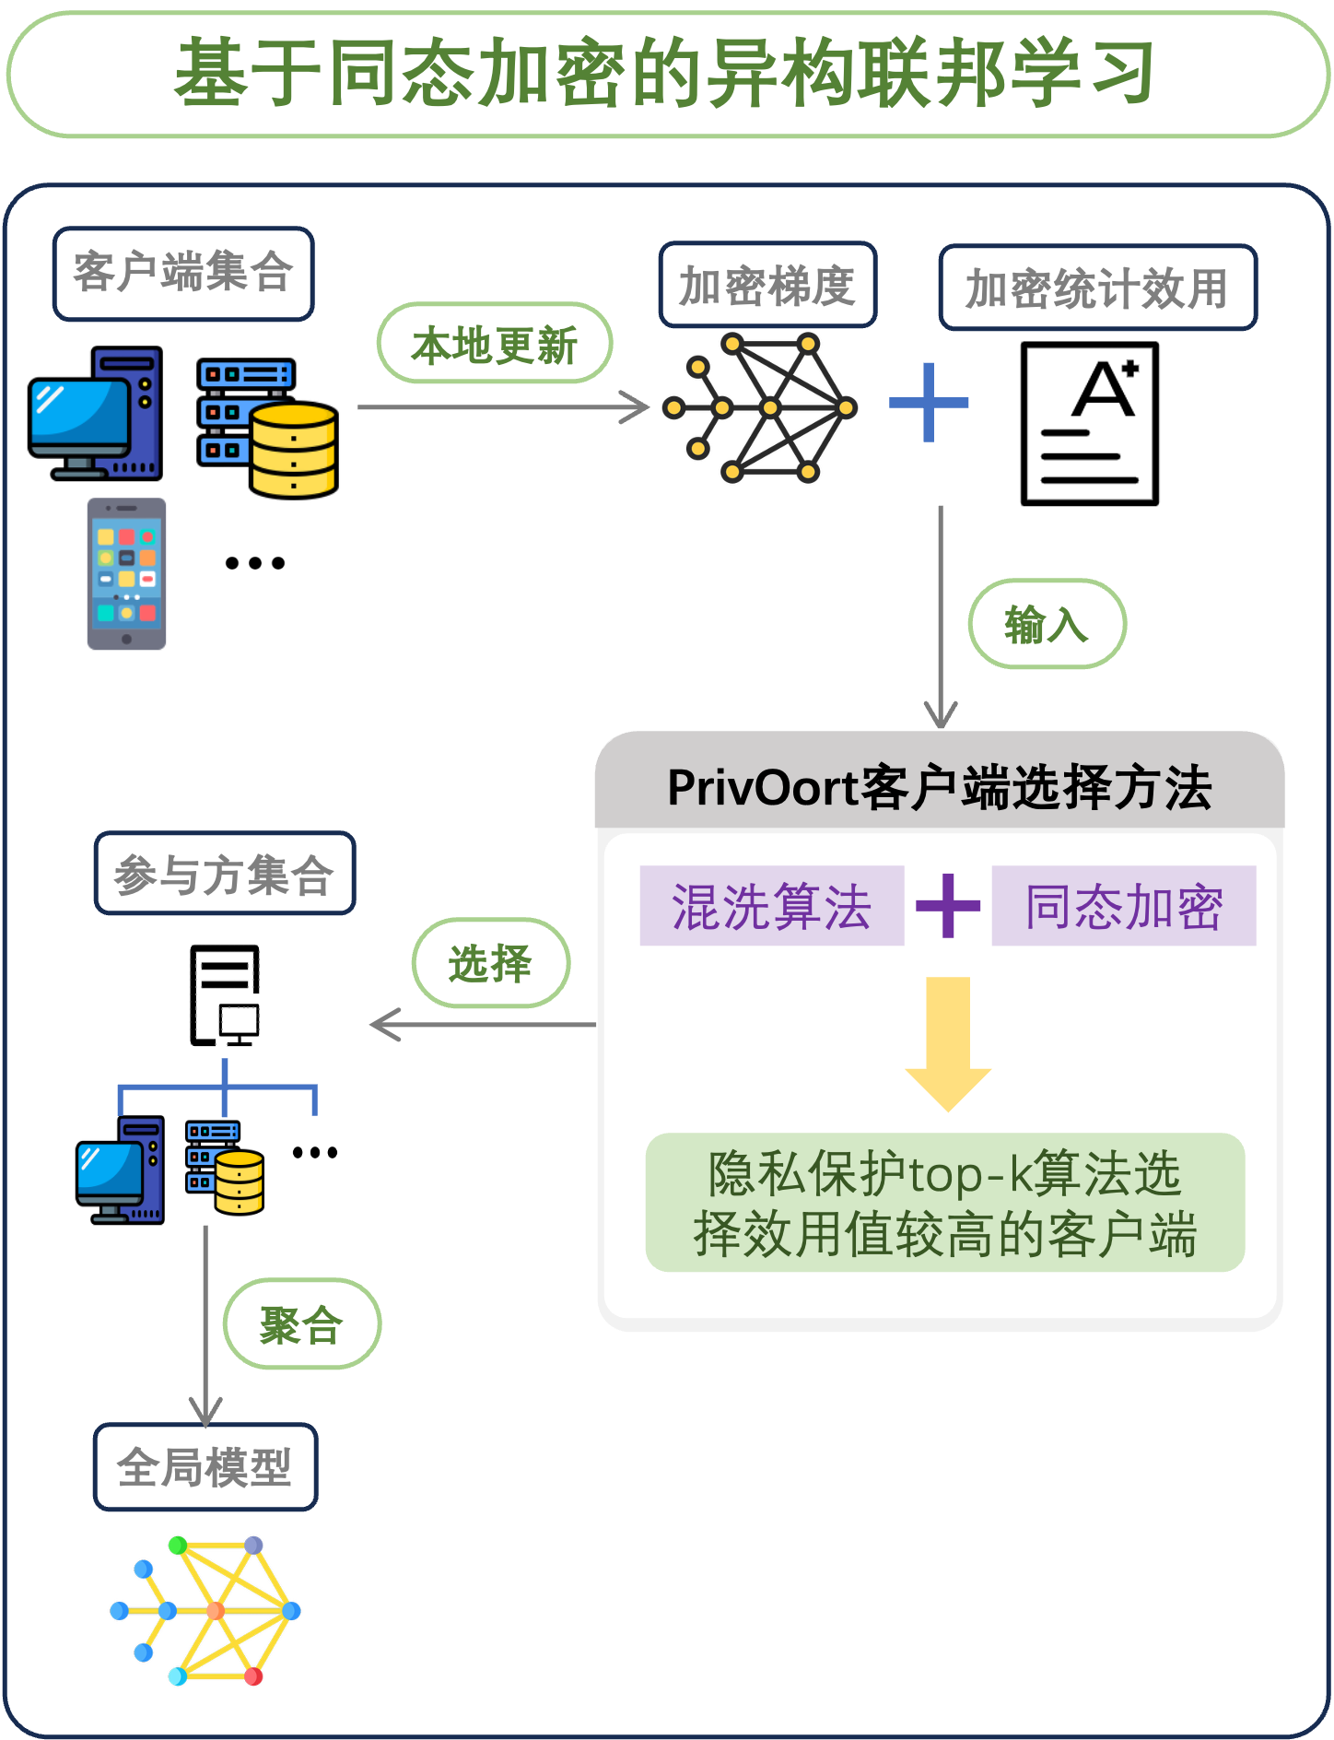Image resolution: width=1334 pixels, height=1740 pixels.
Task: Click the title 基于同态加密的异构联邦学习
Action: coord(665,74)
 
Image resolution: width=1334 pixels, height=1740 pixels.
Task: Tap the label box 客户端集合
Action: coord(183,274)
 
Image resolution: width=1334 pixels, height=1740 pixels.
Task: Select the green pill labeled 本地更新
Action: coord(495,344)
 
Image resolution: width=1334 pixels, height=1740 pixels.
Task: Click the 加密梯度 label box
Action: coord(767,286)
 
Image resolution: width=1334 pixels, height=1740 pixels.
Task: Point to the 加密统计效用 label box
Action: coord(1097,288)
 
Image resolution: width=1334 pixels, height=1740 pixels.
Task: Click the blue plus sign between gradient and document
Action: coord(929,403)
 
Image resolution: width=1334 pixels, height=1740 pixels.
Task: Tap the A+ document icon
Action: coord(1089,424)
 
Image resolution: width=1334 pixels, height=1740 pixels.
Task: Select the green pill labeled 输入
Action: coord(1047,624)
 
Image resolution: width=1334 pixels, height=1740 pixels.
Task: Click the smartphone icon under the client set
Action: coord(126,573)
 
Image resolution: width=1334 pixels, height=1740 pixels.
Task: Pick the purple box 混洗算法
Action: coord(771,906)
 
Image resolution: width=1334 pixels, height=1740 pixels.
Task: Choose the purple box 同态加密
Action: coord(1123,906)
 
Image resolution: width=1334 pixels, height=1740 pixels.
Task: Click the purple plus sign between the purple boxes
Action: coord(948,906)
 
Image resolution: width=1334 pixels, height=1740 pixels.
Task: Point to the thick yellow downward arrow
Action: coord(948,1041)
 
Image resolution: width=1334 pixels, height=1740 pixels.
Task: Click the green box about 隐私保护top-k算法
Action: coord(945,1203)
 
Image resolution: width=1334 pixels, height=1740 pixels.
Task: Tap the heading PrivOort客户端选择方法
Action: coord(939,788)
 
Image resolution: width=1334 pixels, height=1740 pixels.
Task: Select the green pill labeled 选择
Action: coord(491,963)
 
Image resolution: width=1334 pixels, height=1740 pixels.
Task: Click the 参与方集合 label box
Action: coord(225,874)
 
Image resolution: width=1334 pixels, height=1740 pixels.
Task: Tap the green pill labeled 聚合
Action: coord(302,1324)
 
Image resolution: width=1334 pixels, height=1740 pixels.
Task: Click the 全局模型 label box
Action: coord(205,1467)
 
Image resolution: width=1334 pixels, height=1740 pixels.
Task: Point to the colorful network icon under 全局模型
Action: coord(205,1611)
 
